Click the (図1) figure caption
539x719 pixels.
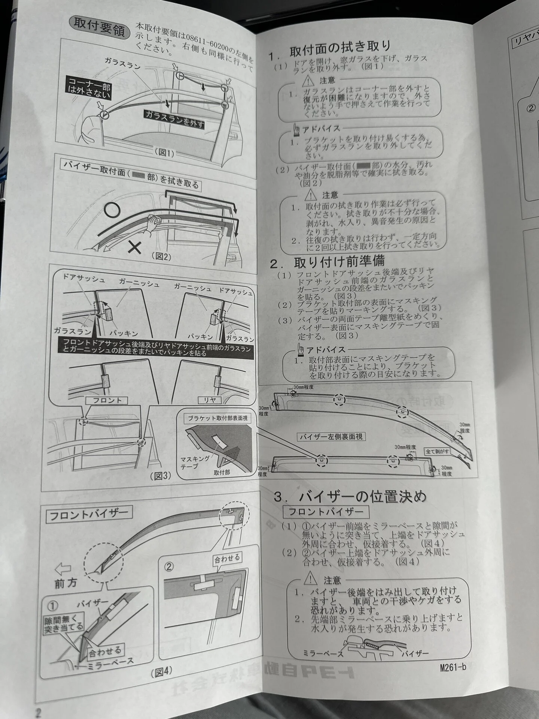coord(165,152)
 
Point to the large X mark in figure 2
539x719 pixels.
coord(134,247)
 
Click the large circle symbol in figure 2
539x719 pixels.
coord(112,210)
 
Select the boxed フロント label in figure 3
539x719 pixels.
coord(106,400)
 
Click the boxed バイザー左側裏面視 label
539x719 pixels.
coord(331,437)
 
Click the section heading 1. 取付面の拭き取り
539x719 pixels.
coord(329,49)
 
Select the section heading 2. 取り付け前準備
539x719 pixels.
coord(327,261)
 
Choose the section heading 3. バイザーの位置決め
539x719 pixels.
coord(350,497)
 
